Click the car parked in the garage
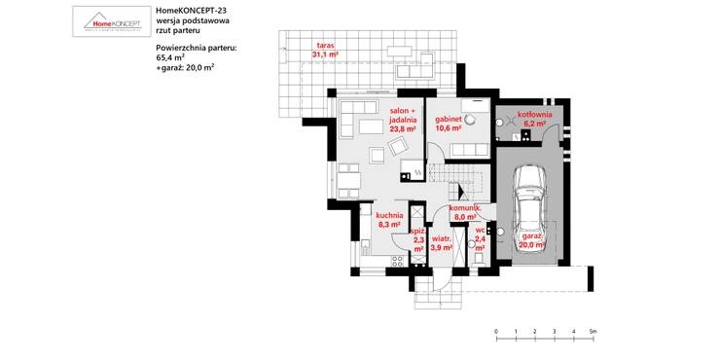pos(528,195)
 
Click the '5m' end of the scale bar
pos(593,332)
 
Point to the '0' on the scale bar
pos(496,332)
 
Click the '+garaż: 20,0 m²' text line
pos(185,68)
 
